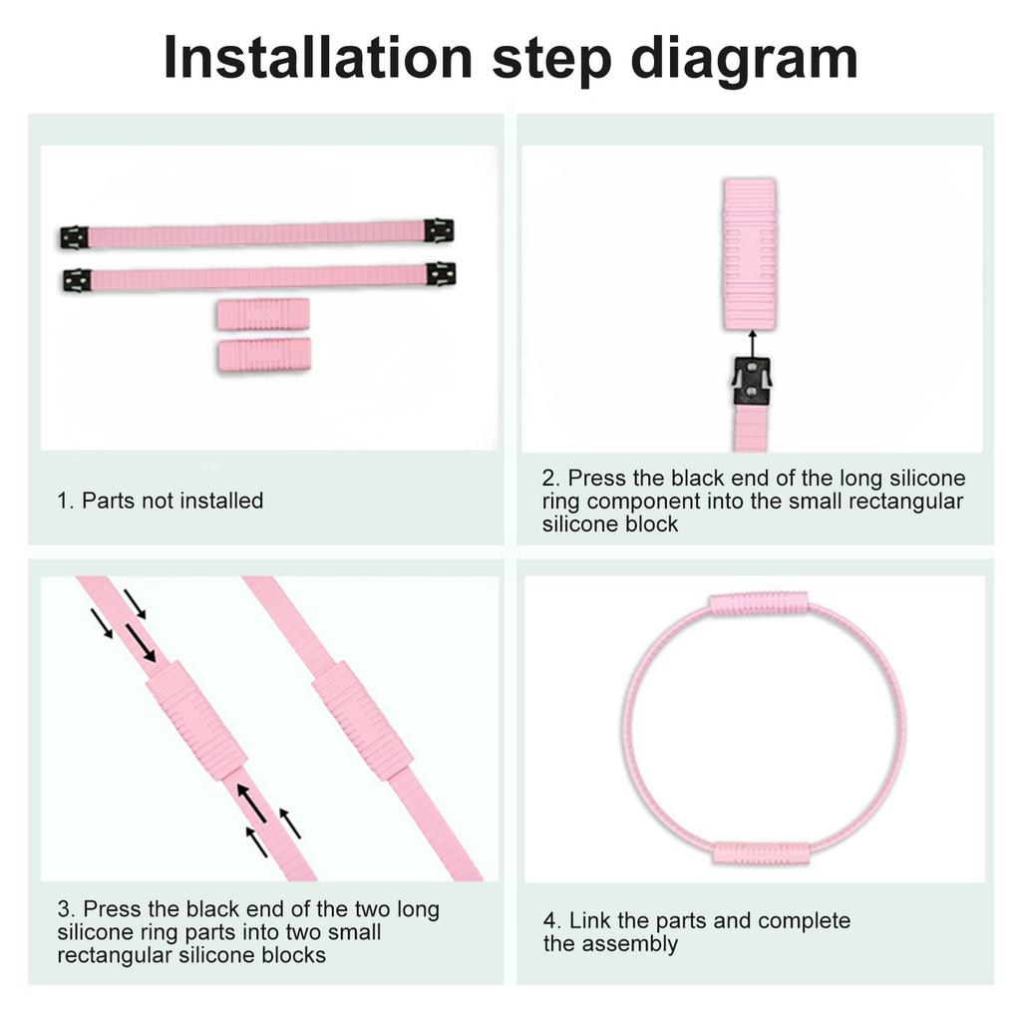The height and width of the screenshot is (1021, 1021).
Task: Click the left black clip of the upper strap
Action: click(x=74, y=237)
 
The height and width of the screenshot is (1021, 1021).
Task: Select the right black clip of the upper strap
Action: click(x=439, y=231)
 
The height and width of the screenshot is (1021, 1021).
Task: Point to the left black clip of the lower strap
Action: click(x=77, y=280)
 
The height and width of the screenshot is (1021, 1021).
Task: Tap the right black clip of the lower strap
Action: click(x=441, y=275)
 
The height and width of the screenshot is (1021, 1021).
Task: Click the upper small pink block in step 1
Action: click(x=263, y=314)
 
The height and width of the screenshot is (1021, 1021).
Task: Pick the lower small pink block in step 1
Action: click(x=263, y=355)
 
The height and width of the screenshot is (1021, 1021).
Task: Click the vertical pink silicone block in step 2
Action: click(x=750, y=254)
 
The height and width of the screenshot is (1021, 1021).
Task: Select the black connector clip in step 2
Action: click(x=752, y=381)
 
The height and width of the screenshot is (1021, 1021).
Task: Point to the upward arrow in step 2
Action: click(x=752, y=344)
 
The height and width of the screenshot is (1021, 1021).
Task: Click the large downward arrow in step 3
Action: click(x=140, y=643)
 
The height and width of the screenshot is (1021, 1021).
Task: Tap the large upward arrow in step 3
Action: click(x=251, y=803)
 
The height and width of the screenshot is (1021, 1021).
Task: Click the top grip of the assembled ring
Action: click(x=759, y=603)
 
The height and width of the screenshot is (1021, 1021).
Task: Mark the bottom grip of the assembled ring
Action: click(x=762, y=853)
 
